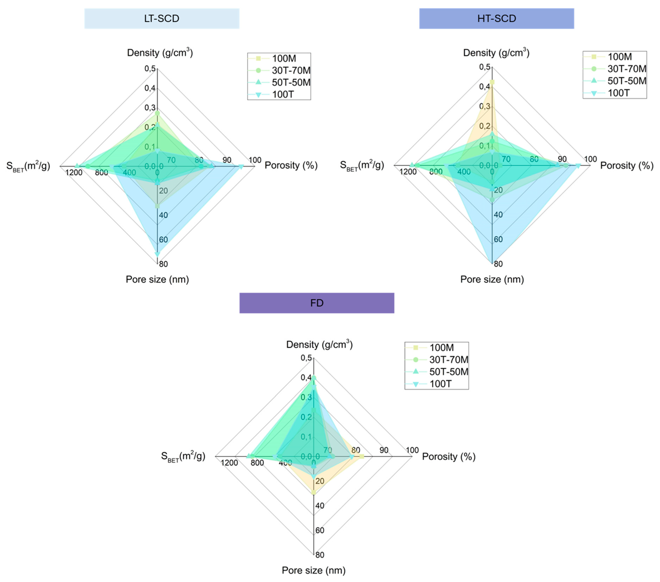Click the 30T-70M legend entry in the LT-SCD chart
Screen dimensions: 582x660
pos(291,70)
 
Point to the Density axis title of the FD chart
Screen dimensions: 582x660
pos(319,345)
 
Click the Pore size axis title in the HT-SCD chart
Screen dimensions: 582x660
pos(492,279)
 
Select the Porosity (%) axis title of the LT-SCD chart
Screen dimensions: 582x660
pos(291,166)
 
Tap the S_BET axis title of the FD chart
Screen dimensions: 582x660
pos(183,456)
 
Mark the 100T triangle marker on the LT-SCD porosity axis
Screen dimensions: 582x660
pos(241,167)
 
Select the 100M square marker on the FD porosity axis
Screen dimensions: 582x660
pos(362,456)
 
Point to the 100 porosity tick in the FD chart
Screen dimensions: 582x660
pos(412,450)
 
